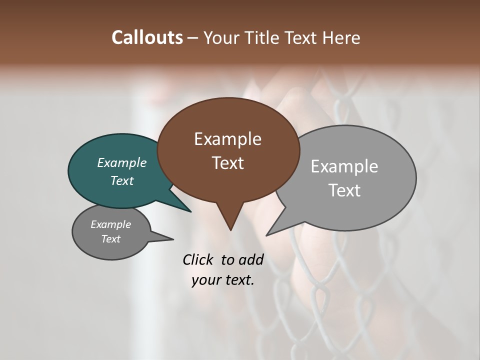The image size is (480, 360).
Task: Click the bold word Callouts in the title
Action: (x=147, y=37)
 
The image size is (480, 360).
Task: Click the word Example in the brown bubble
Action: (x=227, y=139)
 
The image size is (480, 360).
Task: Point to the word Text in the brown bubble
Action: (x=227, y=163)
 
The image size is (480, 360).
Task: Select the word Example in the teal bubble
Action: (x=122, y=162)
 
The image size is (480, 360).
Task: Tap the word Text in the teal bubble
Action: (x=122, y=180)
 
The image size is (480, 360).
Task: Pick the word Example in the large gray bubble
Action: (x=344, y=166)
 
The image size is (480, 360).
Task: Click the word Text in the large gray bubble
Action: (x=344, y=190)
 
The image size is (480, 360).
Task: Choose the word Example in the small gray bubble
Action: (x=110, y=224)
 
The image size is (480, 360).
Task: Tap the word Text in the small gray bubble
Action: (x=110, y=239)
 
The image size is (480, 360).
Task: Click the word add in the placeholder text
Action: (x=250, y=259)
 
